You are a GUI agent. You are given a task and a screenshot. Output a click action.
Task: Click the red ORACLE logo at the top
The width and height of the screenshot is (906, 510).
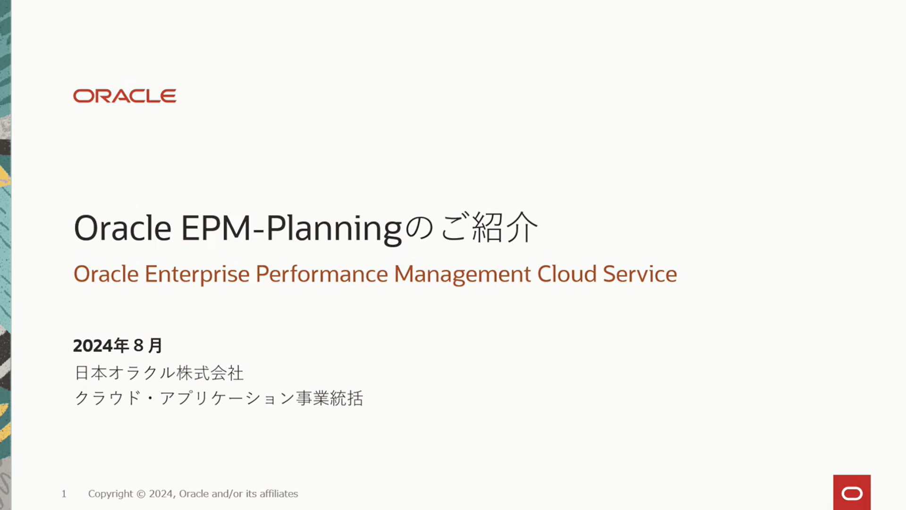(x=125, y=96)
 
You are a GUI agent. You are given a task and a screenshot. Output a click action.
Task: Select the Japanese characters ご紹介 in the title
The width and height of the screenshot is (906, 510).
(x=489, y=227)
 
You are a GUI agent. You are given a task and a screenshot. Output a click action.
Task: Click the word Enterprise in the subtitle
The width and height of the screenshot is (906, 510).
(x=197, y=274)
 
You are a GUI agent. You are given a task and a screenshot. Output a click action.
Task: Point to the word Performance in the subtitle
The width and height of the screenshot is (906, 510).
(x=322, y=274)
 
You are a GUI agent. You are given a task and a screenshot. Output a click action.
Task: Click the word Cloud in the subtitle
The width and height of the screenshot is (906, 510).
(x=567, y=274)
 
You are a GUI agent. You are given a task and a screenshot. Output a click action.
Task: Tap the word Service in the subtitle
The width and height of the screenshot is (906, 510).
(x=640, y=274)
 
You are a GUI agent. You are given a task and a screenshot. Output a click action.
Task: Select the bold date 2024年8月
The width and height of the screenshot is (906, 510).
(x=118, y=346)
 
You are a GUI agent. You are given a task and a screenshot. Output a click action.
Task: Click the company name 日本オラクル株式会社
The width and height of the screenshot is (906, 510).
(x=159, y=373)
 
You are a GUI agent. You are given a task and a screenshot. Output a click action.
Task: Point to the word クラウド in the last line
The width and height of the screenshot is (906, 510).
(x=108, y=398)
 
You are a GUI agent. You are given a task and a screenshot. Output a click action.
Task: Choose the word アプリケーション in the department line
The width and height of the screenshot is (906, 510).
(x=227, y=398)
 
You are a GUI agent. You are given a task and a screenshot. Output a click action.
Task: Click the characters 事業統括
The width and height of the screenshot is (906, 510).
(x=330, y=398)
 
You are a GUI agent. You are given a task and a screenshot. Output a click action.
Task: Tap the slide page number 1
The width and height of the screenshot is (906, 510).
(x=64, y=494)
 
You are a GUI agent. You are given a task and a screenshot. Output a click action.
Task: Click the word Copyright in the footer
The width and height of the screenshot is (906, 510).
(x=110, y=494)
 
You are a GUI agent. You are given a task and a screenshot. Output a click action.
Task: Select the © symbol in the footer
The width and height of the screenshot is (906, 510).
(x=141, y=494)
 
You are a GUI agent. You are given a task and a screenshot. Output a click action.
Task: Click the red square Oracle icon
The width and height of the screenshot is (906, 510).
(x=852, y=493)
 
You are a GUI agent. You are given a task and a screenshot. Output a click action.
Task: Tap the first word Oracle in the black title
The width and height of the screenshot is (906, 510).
(x=122, y=229)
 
